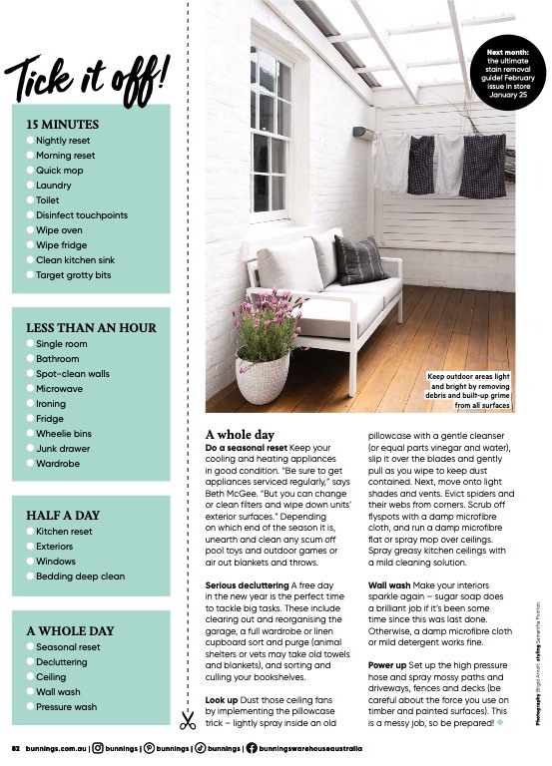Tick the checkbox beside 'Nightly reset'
point(30,142)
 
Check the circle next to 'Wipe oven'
point(30,230)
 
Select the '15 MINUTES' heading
point(63,125)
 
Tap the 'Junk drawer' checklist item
point(61,449)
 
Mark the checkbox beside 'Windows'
point(30,562)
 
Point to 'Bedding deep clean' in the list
point(80,576)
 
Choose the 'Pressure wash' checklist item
point(66,707)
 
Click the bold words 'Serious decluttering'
point(247,584)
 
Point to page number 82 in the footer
point(16,748)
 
